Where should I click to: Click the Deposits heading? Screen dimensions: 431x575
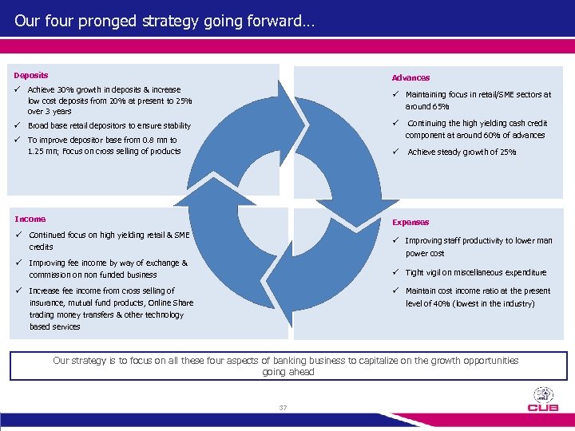(x=30, y=76)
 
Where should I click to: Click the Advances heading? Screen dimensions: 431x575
(x=410, y=78)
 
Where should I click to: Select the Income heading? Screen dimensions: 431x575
(x=30, y=219)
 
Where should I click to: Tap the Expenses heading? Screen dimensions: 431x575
(x=410, y=223)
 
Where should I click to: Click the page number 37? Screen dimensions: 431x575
(x=283, y=408)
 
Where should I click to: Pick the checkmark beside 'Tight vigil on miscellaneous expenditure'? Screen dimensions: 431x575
(x=395, y=272)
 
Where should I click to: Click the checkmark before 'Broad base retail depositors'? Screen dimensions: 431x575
(x=17, y=125)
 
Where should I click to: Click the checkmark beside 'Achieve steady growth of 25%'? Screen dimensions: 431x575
(x=395, y=152)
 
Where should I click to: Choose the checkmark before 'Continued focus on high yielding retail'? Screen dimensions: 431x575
(x=18, y=235)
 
